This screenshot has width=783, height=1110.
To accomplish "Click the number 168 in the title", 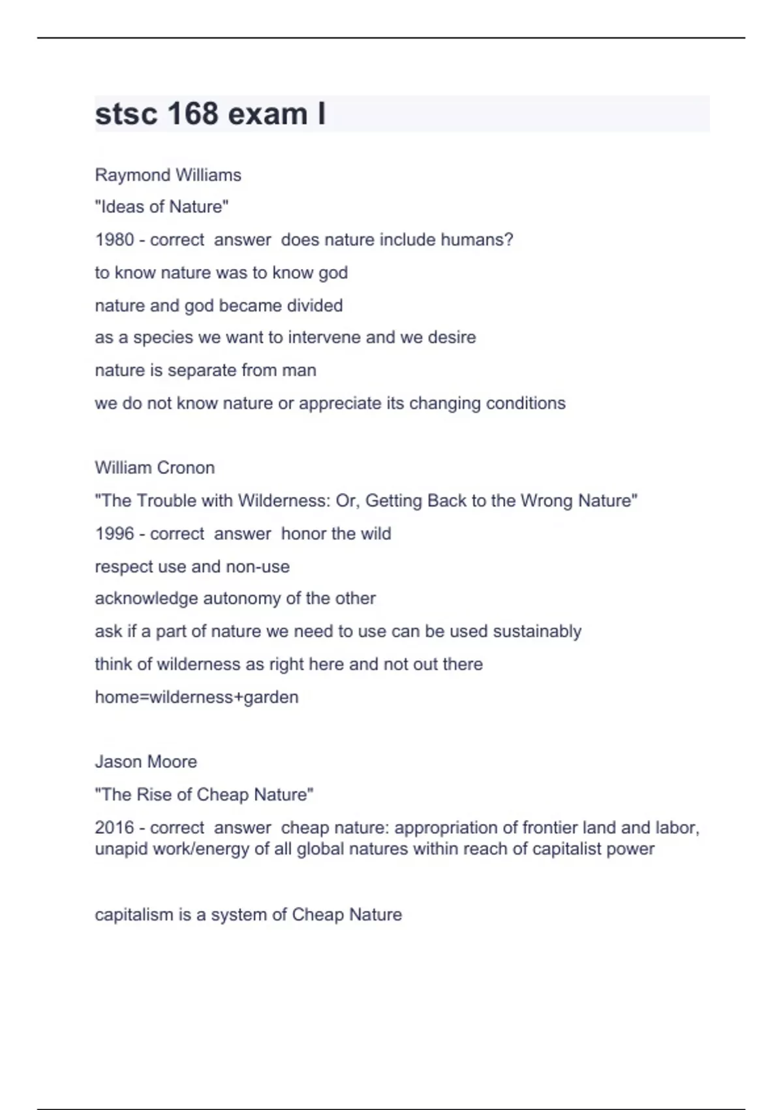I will click(192, 114).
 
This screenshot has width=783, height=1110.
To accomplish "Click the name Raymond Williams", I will click(168, 175).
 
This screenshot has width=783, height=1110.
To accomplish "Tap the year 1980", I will click(114, 240).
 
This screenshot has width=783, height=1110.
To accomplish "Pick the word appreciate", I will click(340, 403).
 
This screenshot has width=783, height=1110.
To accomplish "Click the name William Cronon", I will click(155, 468).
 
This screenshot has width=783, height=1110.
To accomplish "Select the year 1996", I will click(114, 533).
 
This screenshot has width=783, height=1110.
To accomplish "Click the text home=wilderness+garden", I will click(196, 697).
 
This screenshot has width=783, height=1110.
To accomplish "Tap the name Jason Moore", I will click(146, 761).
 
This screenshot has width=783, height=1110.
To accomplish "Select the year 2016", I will click(114, 827).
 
